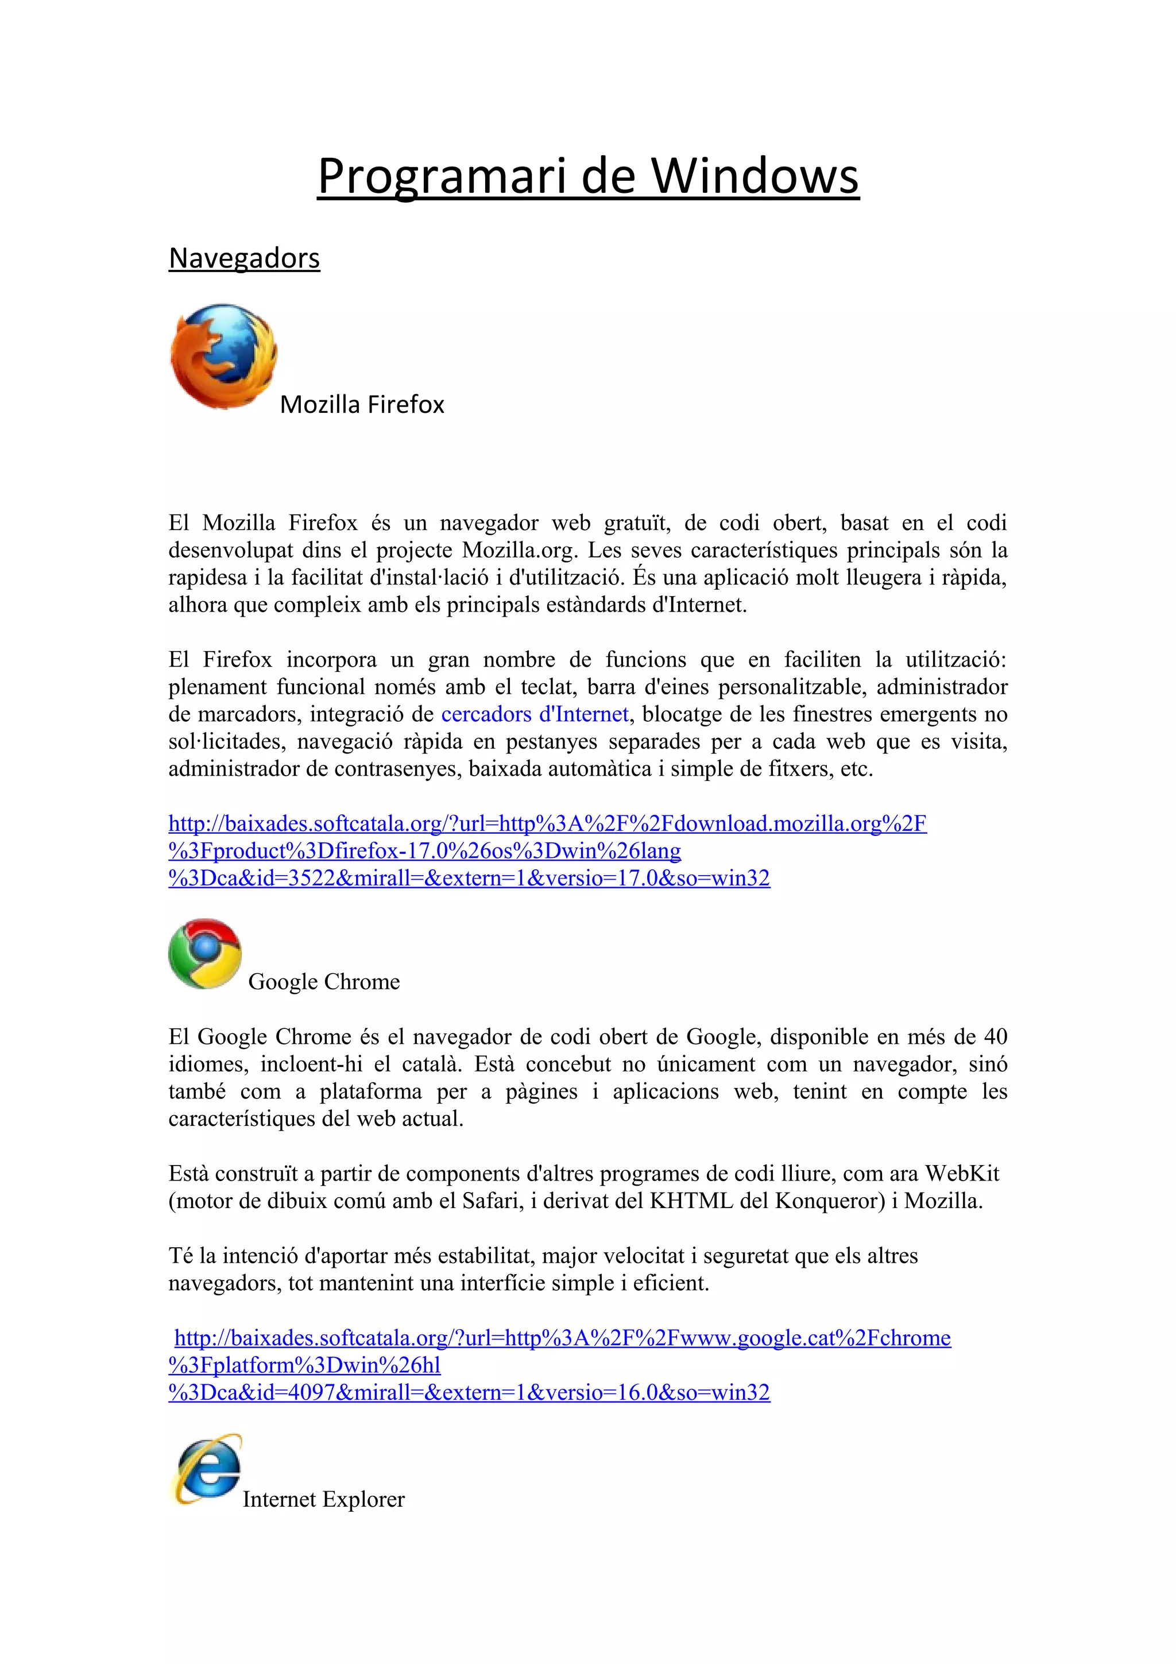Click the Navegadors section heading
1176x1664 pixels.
(x=244, y=258)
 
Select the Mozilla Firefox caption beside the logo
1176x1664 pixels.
(x=362, y=404)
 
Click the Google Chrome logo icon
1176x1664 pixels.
(x=205, y=953)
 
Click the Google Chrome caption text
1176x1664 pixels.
(x=324, y=981)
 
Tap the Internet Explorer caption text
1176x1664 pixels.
(x=323, y=1499)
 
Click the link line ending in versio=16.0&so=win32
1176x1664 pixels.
(x=469, y=1392)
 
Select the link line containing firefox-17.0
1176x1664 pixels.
(x=424, y=850)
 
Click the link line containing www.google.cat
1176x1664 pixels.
(x=562, y=1337)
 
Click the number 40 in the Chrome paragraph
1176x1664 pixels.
(x=995, y=1036)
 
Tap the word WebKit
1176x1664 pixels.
(x=962, y=1172)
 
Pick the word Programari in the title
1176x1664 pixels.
(x=440, y=176)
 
